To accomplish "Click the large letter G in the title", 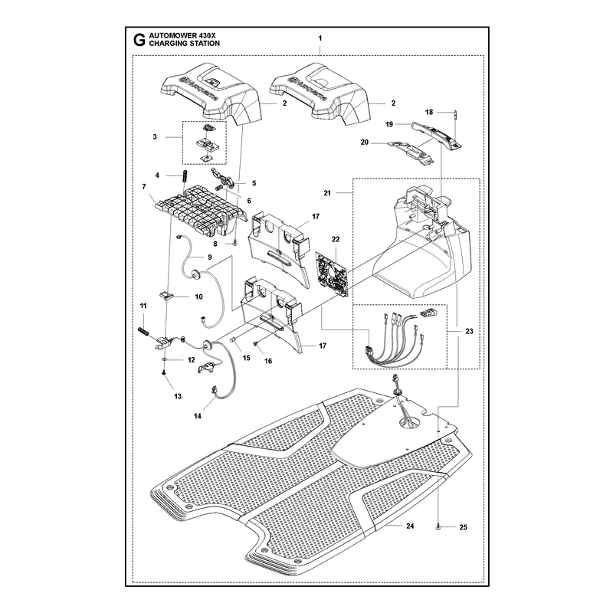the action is click(x=139, y=40).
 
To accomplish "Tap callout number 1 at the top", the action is click(x=320, y=38).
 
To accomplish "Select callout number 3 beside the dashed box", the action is click(x=155, y=137).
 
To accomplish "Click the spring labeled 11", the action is click(x=144, y=332).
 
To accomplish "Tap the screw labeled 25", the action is click(x=438, y=528).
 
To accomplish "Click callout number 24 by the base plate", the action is click(x=410, y=526).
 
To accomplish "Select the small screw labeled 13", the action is click(x=164, y=374).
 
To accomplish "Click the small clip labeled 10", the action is click(x=166, y=294).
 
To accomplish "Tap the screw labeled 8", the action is click(x=234, y=244).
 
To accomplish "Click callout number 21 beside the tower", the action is click(x=327, y=193).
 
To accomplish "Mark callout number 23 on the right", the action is click(x=469, y=331).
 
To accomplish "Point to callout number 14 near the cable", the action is click(x=198, y=416).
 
